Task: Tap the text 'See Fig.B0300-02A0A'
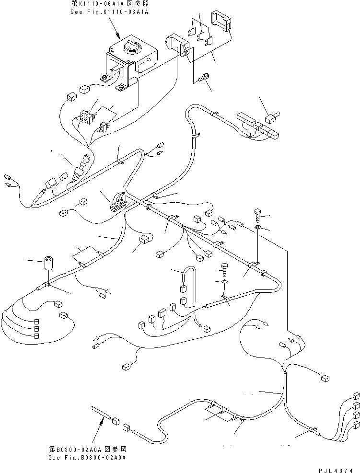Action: coord(87,457)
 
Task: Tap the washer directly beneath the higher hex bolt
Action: coord(257,228)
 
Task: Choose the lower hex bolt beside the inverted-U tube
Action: coord(224,270)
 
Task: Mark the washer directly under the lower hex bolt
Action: coord(224,282)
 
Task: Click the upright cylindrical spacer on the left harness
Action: coord(47,263)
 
